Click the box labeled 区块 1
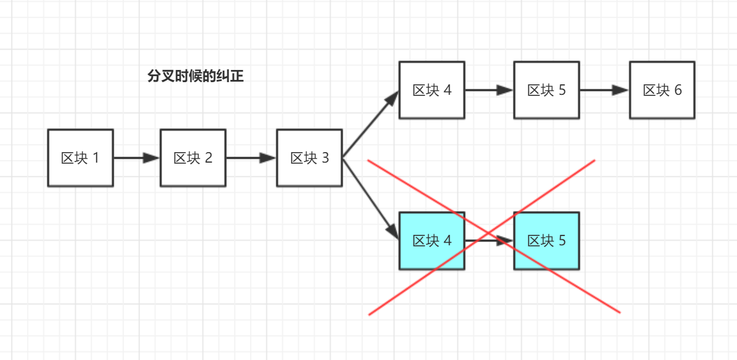coord(81,158)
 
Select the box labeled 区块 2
coord(193,158)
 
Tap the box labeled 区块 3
coord(309,158)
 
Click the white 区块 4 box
coord(432,90)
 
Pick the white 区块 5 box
coord(547,90)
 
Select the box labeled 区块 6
coord(662,90)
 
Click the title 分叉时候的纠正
coord(196,76)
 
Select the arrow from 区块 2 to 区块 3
coord(250,158)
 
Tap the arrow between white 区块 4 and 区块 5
coord(489,90)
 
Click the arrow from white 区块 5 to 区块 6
coord(604,90)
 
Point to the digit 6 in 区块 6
coord(678,90)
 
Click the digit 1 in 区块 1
coord(96,158)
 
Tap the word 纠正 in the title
coord(231,76)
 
